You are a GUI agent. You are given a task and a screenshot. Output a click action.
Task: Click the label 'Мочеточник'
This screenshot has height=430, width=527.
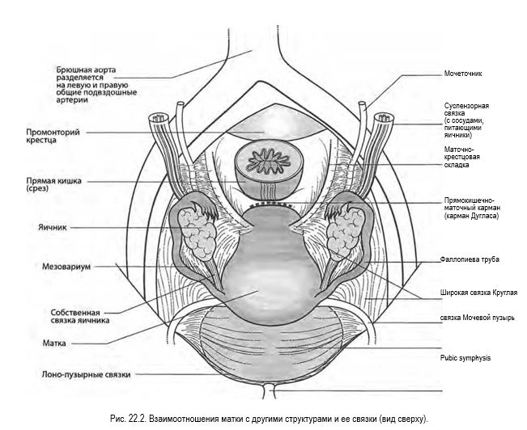[463, 74]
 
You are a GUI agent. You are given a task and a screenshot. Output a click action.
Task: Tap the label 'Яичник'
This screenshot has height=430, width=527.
[53, 228]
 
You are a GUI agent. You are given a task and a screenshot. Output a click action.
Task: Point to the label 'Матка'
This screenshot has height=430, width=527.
[54, 344]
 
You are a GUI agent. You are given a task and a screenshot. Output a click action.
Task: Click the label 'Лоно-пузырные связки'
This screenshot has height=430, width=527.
[86, 374]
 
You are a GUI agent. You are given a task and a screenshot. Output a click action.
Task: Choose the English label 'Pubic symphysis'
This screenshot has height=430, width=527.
[465, 358]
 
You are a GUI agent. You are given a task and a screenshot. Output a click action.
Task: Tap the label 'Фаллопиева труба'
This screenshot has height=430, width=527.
[470, 259]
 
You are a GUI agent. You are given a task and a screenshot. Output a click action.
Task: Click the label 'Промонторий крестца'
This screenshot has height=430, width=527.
[53, 136]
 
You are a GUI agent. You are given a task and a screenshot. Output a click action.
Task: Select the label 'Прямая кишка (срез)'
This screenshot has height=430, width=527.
[53, 184]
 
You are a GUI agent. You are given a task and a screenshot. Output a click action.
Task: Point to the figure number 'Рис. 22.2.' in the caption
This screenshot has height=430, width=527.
[128, 419]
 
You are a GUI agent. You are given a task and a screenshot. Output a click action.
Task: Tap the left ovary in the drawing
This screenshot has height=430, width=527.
[198, 234]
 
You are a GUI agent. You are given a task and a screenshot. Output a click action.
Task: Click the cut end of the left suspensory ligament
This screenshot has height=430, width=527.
[158, 118]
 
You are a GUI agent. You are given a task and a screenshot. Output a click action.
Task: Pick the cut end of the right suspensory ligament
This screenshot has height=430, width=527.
[384, 117]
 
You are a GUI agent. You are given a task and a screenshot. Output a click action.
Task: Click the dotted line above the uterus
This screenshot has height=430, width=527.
[271, 204]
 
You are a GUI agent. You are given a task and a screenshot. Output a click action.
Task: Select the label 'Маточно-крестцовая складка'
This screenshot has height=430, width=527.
[461, 157]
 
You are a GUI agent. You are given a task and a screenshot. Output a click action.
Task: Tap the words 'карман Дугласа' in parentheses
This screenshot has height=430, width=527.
[471, 216]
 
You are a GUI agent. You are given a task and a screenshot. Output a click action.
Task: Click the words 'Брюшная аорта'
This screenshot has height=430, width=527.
[86, 70]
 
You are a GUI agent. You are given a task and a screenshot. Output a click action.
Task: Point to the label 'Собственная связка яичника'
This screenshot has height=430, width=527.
[80, 316]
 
